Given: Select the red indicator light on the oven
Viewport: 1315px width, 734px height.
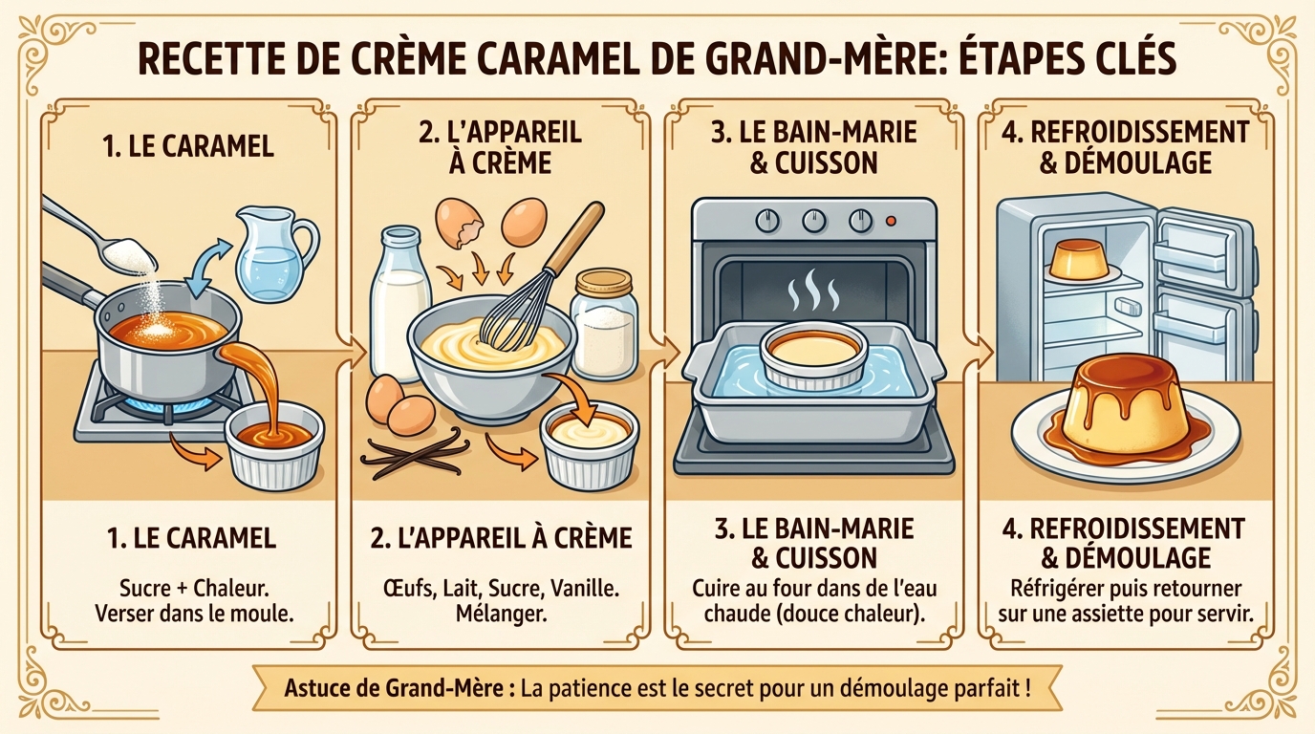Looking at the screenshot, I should (x=891, y=221).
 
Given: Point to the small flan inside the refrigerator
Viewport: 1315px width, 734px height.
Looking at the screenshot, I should (x=1073, y=259).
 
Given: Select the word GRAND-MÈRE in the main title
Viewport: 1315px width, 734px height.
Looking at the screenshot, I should (x=838, y=60).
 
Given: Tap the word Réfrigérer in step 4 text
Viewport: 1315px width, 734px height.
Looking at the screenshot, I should (x=1048, y=588).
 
